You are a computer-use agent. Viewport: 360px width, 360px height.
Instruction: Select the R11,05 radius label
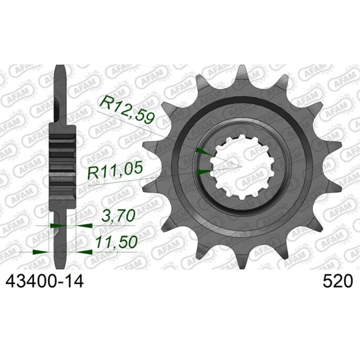coord(115,170)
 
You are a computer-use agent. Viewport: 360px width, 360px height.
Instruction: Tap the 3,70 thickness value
coord(118,216)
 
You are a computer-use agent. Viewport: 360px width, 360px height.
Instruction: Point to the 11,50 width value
coord(116,242)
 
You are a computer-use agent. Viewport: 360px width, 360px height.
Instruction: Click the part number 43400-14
coord(44,282)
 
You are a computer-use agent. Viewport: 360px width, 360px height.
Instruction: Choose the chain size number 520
coord(337,282)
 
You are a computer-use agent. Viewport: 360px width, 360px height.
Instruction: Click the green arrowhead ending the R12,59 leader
coord(203,151)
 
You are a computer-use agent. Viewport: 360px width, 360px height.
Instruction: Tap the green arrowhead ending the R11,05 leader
coord(205,172)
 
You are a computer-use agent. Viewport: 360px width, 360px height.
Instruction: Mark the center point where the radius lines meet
coord(242,166)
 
